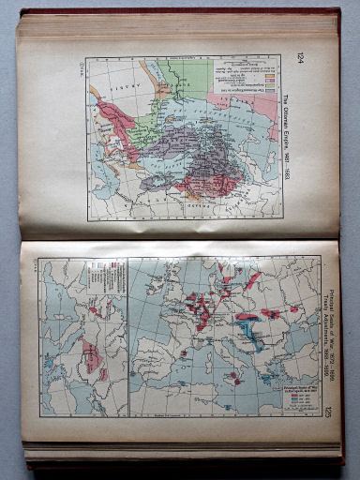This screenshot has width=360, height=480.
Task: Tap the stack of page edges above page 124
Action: (x=178, y=26)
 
